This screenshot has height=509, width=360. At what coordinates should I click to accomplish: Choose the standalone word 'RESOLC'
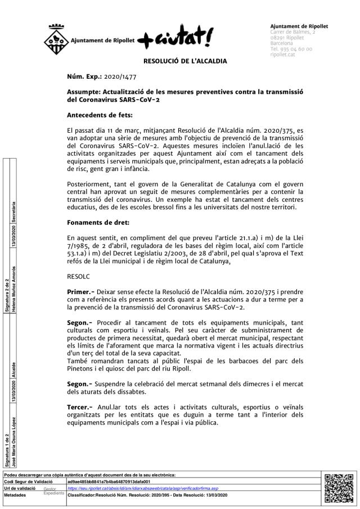tap(78, 277)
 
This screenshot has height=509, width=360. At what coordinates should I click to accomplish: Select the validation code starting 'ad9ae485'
tap(109, 482)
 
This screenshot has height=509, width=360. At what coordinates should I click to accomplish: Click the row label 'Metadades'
tap(15, 496)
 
